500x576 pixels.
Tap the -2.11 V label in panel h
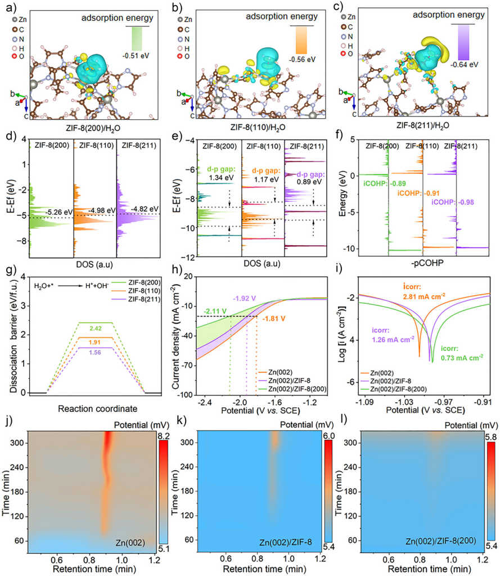coord(216,310)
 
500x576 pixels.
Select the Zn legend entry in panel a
coord(19,19)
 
